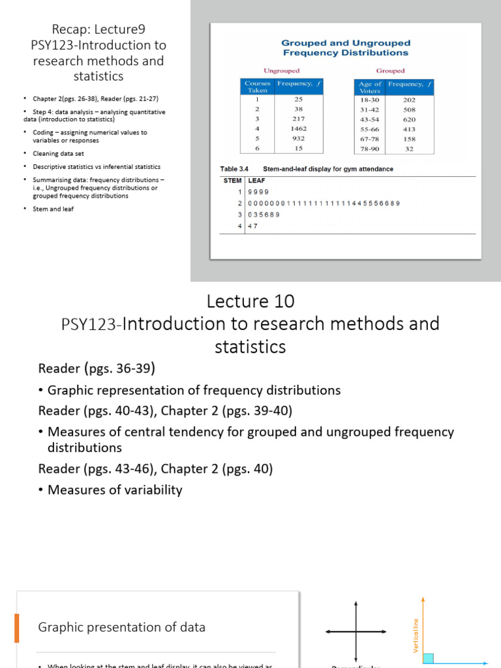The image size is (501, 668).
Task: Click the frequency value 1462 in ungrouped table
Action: click(x=299, y=129)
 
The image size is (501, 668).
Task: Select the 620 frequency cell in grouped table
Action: click(x=409, y=119)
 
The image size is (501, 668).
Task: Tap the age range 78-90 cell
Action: click(x=369, y=149)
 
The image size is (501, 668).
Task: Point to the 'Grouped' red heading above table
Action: click(x=390, y=70)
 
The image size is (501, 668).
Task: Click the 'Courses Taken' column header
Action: click(x=256, y=87)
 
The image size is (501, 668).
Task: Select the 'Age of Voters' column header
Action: click(x=369, y=87)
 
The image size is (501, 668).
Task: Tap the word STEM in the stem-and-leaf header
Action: click(x=232, y=181)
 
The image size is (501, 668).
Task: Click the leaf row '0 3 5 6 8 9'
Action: click(x=263, y=215)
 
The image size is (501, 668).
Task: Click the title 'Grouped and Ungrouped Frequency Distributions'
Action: click(x=346, y=48)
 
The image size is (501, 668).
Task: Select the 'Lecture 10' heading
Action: click(x=250, y=301)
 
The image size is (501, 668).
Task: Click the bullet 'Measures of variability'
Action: click(x=115, y=490)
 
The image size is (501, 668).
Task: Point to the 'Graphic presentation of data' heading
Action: click(x=122, y=628)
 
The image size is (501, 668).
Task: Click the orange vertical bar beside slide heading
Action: click(x=18, y=628)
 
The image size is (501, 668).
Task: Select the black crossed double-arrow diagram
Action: click(x=356, y=631)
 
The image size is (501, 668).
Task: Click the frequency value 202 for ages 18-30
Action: click(x=409, y=100)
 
